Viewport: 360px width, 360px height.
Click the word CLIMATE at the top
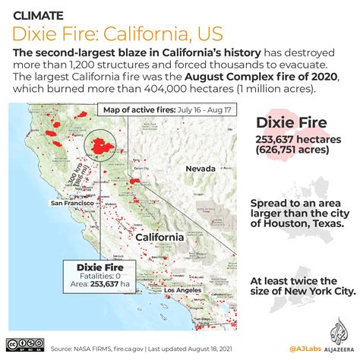tap(39, 13)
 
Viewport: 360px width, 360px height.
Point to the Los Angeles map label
tap(185, 291)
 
